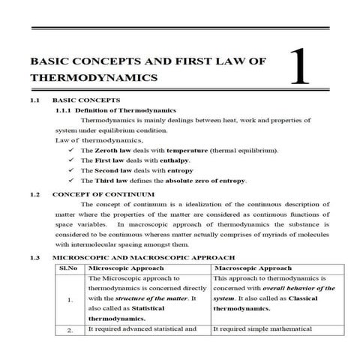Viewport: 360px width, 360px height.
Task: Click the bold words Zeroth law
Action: click(113, 151)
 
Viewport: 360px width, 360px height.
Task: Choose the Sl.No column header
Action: click(69, 268)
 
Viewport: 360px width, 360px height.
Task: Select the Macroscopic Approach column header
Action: click(253, 268)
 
